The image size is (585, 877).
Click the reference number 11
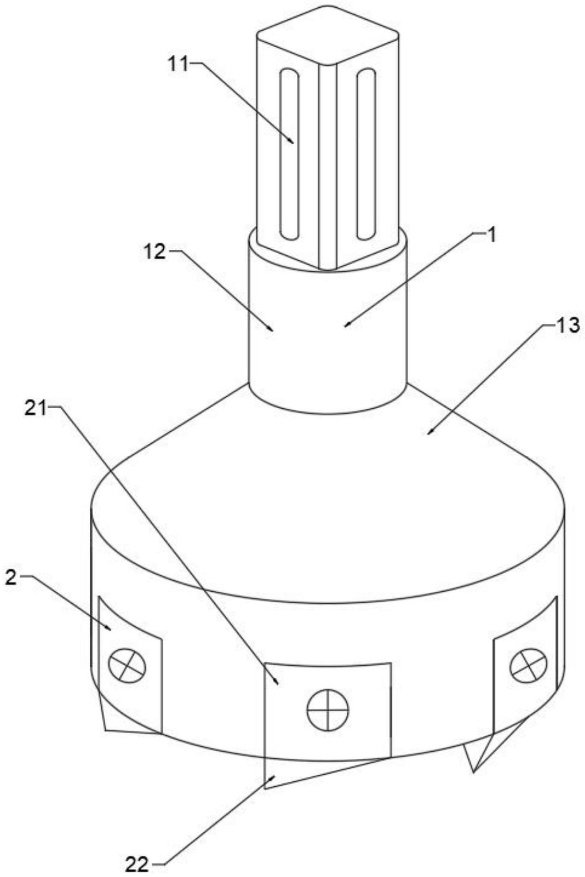(178, 64)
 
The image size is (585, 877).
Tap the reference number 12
(155, 251)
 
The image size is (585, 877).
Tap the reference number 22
(137, 865)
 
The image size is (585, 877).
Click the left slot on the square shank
(291, 154)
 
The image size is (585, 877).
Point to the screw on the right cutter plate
(528, 666)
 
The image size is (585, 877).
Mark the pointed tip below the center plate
(267, 788)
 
